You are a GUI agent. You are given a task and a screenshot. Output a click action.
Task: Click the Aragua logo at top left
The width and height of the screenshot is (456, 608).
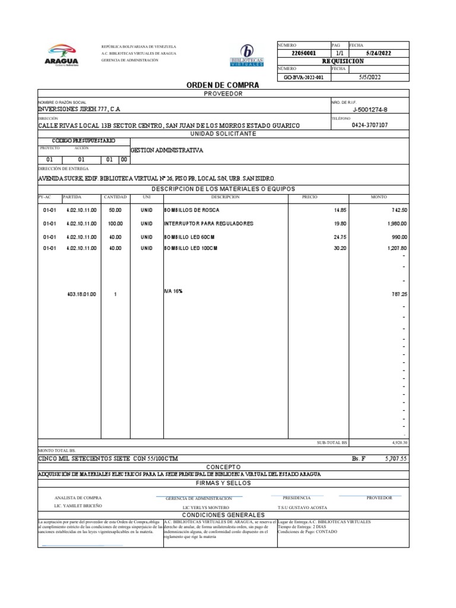click(61, 55)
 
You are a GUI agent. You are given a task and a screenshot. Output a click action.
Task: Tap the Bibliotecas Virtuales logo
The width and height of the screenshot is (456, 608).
click(247, 56)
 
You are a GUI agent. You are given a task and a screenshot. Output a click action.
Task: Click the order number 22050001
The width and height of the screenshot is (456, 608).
click(303, 53)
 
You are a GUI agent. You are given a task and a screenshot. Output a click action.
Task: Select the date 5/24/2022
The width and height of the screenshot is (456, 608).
click(378, 53)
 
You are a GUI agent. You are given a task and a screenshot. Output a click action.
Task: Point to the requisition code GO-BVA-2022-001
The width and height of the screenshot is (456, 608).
click(303, 78)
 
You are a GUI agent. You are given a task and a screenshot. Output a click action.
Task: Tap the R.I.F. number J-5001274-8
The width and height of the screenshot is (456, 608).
click(370, 109)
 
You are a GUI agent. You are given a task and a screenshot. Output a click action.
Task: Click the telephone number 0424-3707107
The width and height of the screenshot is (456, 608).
click(370, 125)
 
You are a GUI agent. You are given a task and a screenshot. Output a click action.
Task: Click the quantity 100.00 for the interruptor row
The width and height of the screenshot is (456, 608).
click(115, 223)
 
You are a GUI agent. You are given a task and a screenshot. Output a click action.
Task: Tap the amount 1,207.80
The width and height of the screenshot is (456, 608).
click(397, 248)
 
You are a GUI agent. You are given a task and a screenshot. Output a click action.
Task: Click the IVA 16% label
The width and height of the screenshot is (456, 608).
click(173, 292)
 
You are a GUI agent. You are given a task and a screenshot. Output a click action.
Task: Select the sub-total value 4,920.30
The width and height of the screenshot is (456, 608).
click(400, 443)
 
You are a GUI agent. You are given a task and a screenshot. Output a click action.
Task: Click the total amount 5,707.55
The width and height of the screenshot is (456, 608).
click(396, 459)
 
